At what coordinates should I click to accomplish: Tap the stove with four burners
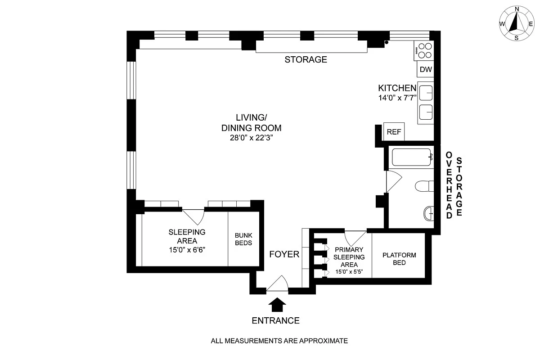pyautogui.click(x=424, y=50)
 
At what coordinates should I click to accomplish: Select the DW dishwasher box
pyautogui.click(x=426, y=70)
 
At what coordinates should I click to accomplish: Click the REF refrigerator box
pyautogui.click(x=394, y=132)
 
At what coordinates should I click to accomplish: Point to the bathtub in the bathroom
pyautogui.click(x=412, y=157)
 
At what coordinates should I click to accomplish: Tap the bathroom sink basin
pyautogui.click(x=429, y=213)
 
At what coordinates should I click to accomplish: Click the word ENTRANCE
pyautogui.click(x=275, y=321)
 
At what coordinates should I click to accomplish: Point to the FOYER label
pyautogui.click(x=284, y=255)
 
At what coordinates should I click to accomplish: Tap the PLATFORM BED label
pyautogui.click(x=399, y=259)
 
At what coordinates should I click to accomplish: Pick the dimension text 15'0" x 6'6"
pyautogui.click(x=187, y=249)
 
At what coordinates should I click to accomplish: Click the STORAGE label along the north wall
pyautogui.click(x=306, y=60)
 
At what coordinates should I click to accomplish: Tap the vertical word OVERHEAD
pyautogui.click(x=449, y=185)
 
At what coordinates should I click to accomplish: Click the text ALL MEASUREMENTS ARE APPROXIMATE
pyautogui.click(x=279, y=341)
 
